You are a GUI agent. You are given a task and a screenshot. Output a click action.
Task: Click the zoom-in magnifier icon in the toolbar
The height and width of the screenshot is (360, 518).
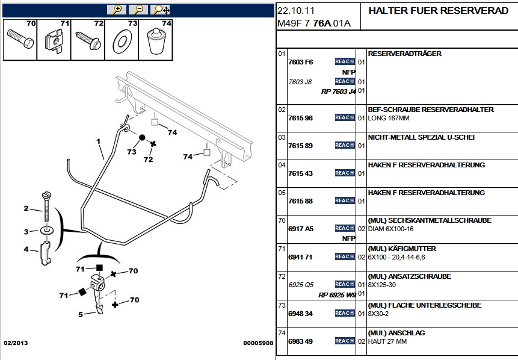tap(116, 9)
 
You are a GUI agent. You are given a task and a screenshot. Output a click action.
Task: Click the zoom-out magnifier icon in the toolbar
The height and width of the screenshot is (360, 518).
tap(138, 9)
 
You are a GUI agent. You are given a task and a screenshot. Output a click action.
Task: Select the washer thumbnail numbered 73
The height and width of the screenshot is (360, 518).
tap(123, 40)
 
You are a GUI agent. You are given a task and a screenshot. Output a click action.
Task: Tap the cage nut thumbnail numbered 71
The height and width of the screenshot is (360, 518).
tap(55, 40)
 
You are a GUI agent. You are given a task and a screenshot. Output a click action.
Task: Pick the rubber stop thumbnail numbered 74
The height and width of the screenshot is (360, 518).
tap(157, 40)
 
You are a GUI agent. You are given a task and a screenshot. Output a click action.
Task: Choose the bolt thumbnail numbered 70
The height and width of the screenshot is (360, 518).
tap(20, 40)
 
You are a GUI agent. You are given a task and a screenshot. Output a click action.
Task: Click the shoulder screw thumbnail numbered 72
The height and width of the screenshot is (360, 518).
tap(88, 40)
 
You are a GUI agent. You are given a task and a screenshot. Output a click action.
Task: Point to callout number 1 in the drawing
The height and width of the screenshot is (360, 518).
tap(97, 141)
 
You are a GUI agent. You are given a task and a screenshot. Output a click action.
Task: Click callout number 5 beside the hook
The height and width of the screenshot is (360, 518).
tap(81, 314)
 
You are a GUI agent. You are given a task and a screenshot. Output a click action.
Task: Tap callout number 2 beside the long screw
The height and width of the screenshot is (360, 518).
tap(26, 208)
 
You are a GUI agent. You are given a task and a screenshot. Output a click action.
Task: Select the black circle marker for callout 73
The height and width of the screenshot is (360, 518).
tap(143, 138)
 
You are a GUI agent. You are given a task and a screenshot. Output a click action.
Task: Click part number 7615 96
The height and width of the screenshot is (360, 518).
tap(301, 118)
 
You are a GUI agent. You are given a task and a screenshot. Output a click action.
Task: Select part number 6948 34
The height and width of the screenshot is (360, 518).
tap(301, 314)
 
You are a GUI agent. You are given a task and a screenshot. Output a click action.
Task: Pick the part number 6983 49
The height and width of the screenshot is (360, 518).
tap(301, 341)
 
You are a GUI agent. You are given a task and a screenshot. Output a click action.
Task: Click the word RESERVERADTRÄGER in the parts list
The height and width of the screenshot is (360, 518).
tap(404, 54)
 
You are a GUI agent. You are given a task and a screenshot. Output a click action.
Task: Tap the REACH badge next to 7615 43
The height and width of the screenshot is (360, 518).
tap(345, 173)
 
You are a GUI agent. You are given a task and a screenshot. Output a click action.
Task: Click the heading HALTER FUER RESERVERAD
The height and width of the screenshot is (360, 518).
tap(438, 11)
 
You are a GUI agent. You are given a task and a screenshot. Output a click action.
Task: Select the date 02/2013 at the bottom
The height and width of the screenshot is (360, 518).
tap(16, 343)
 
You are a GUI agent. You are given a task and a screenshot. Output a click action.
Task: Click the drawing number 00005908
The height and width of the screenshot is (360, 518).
tap(258, 343)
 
